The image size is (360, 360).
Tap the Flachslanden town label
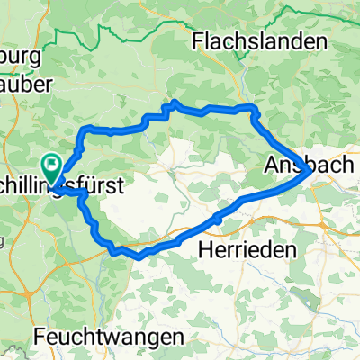pyautogui.click(x=257, y=41)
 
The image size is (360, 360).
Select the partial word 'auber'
pyautogui.click(x=27, y=83)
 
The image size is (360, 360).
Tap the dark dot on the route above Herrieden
pyautogui.click(x=218, y=218)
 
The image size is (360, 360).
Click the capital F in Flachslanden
pyautogui.click(x=199, y=41)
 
